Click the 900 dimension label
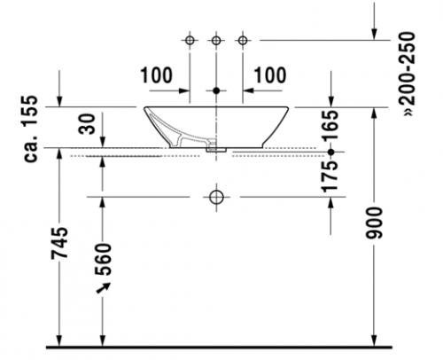point(374,223)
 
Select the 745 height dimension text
point(59,243)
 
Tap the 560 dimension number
point(103,260)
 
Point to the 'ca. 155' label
point(31,129)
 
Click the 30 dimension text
point(88,124)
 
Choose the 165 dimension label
point(330,125)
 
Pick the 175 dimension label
point(330,176)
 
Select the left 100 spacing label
point(156,75)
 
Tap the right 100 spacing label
point(270,75)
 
